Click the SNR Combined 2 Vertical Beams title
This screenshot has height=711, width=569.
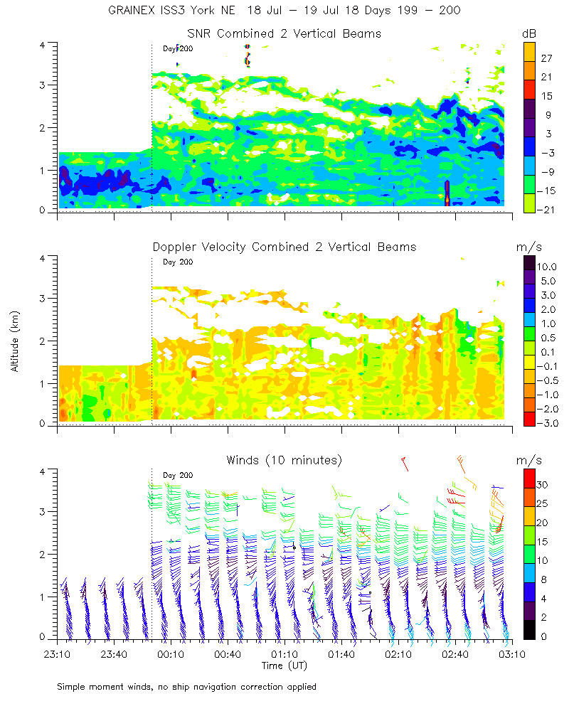tap(284, 33)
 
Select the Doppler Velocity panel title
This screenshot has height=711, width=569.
tap(284, 247)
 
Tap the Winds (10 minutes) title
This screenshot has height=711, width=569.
tap(284, 460)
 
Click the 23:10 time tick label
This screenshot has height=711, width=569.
tap(57, 654)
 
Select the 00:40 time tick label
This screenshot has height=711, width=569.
tap(228, 654)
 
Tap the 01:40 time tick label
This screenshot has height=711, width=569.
tap(341, 654)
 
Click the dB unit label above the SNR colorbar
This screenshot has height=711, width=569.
tap(529, 33)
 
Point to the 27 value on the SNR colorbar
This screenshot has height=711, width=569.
tap(547, 58)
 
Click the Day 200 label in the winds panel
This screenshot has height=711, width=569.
tap(178, 475)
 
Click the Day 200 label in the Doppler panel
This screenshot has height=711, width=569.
tap(178, 262)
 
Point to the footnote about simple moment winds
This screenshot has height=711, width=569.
tap(186, 687)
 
